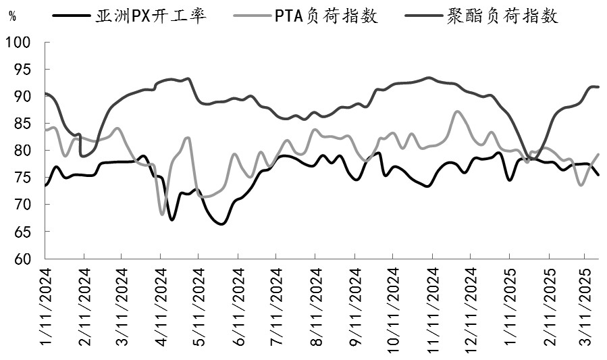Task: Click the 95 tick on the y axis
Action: click(x=22, y=70)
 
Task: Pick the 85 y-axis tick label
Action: click(x=22, y=124)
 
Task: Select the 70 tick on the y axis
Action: click(x=22, y=205)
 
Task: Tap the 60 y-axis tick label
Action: click(x=22, y=259)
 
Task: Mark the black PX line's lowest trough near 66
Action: click(x=221, y=224)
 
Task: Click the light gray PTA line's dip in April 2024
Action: click(x=162, y=214)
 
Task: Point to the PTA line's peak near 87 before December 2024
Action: click(x=458, y=111)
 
